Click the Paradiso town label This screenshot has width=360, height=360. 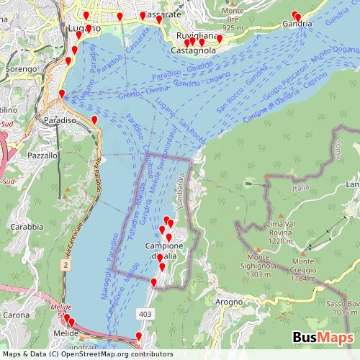coord(60,120)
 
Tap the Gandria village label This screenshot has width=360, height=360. coord(297,24)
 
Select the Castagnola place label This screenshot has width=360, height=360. coord(194,51)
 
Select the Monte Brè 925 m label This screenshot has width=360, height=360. coord(233,19)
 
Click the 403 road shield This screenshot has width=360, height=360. coord(145,314)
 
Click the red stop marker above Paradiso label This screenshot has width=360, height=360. coord(62,94)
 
